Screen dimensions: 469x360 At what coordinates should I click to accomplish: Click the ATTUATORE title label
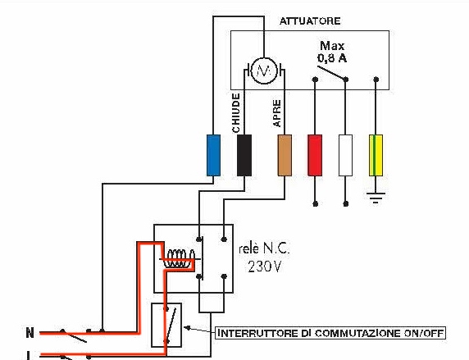[310, 21]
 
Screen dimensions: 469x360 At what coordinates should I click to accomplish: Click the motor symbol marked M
[264, 71]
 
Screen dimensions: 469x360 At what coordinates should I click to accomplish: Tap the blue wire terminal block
[213, 155]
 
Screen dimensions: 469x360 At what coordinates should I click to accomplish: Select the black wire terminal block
[244, 155]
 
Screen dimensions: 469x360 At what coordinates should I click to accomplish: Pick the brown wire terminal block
[285, 155]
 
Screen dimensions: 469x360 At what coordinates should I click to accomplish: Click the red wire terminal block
[315, 155]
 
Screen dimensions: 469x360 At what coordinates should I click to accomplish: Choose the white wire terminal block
[345, 155]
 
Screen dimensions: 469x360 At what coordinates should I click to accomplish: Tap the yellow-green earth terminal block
[376, 155]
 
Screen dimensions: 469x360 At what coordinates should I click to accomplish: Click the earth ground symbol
[376, 198]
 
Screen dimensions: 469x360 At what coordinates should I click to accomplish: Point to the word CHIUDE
[236, 113]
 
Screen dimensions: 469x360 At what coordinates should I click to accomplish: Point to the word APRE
[277, 113]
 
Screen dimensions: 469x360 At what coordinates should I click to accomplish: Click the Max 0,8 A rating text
[332, 52]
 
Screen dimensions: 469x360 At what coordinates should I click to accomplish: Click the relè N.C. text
[264, 248]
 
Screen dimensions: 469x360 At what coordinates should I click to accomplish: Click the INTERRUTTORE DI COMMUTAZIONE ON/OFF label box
[330, 333]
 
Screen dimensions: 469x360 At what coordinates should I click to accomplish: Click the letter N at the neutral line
[30, 333]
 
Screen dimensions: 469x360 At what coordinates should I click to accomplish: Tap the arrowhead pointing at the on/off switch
[187, 328]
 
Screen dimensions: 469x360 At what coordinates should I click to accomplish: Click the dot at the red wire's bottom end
[315, 204]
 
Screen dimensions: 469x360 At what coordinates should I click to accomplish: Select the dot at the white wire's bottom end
[345, 204]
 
